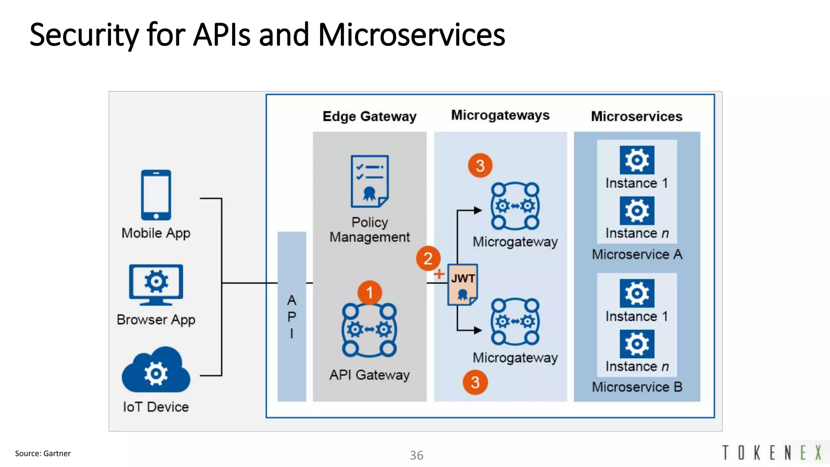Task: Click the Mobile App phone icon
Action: click(x=156, y=195)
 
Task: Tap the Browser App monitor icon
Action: click(x=156, y=284)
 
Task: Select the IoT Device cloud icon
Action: click(x=156, y=371)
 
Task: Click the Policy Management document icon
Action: click(x=369, y=181)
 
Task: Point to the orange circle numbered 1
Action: click(x=369, y=292)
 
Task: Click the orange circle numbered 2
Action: click(x=428, y=258)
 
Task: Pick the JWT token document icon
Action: click(x=462, y=285)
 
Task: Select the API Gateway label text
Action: click(x=369, y=375)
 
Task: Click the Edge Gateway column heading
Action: click(x=369, y=116)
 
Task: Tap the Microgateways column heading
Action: click(x=500, y=115)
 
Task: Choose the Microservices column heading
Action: click(x=636, y=116)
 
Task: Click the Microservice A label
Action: click(x=637, y=255)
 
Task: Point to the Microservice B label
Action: click(x=637, y=387)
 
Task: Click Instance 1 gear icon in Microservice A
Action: click(x=637, y=160)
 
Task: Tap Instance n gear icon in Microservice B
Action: click(x=637, y=344)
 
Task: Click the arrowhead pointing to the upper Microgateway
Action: click(x=478, y=210)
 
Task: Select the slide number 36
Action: click(x=416, y=455)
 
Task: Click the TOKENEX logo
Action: click(x=772, y=453)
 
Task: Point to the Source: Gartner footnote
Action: click(x=43, y=454)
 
